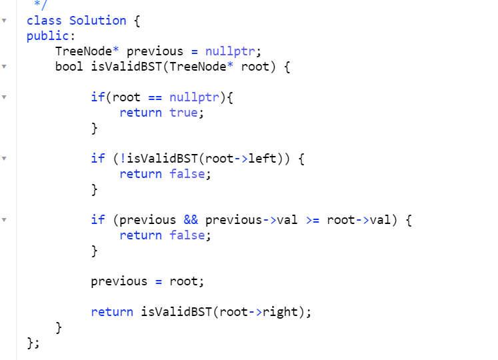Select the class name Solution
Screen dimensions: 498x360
pos(97,21)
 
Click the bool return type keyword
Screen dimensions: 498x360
pos(69,67)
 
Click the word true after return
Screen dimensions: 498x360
pos(183,113)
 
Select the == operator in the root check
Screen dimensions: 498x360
pos(155,97)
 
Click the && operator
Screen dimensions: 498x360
pos(191,220)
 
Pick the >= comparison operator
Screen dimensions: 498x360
pos(312,220)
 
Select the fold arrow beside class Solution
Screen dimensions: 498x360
pos(5,21)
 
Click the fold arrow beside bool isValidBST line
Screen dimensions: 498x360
pos(5,67)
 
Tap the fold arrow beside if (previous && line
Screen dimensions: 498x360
pos(5,220)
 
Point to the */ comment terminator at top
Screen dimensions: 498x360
pos(39,5)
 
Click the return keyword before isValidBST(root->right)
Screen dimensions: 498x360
pos(112,312)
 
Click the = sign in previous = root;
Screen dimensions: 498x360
pos(159,281)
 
